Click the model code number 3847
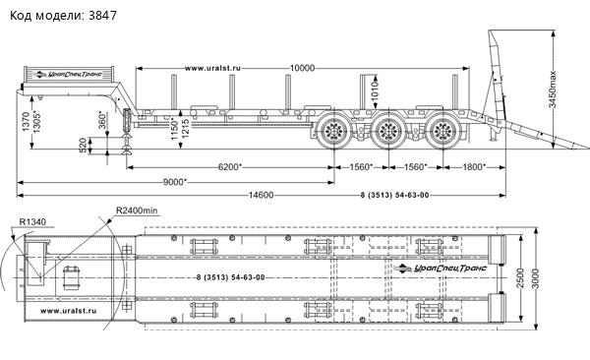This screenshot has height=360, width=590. click(x=102, y=16)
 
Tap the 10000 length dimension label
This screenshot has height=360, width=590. click(x=302, y=68)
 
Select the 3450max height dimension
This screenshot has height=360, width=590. click(x=552, y=90)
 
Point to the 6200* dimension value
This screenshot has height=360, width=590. click(x=230, y=167)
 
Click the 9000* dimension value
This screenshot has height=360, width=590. click(x=175, y=182)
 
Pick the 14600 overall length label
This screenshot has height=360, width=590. click(x=261, y=195)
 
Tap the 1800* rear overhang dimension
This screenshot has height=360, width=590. click(x=473, y=167)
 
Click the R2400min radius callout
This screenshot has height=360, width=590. click(x=137, y=210)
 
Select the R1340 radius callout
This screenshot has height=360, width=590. click(x=32, y=222)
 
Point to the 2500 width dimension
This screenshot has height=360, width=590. click(x=520, y=278)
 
